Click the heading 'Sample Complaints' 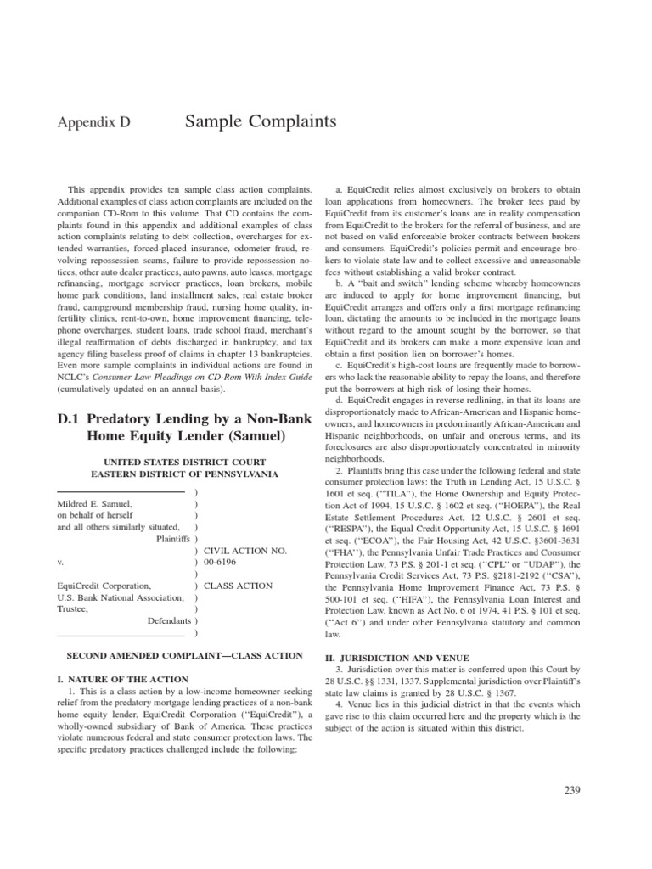[260, 122]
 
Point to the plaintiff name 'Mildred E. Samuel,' [94, 503]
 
